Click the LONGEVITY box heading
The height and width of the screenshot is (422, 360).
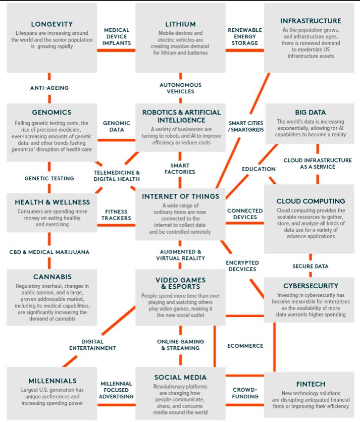coord(52,24)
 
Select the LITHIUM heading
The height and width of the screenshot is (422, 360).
coord(180,24)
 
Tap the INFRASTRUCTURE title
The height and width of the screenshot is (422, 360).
coord(311,21)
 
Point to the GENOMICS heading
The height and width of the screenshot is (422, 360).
coord(52,112)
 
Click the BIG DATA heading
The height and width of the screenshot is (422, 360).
coord(311,112)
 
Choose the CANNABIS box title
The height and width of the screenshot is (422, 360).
coord(52,277)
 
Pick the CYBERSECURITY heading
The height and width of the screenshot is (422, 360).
coord(311,286)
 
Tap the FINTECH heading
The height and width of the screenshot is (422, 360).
coord(311,384)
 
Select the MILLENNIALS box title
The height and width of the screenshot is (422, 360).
coord(53,381)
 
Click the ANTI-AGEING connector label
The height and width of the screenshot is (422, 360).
coord(49,88)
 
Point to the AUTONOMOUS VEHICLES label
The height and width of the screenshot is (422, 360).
coord(180,88)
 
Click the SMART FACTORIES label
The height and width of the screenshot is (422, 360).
coord(180,169)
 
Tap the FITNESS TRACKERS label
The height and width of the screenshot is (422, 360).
coord(116,215)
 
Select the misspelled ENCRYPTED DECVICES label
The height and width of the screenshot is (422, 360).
coord(242,266)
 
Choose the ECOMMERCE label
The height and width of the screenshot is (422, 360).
coord(245,346)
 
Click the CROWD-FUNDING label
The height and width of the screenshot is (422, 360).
coord(245,393)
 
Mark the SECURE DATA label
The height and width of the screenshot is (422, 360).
coord(311,267)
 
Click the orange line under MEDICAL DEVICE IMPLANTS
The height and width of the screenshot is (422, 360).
coord(116,50)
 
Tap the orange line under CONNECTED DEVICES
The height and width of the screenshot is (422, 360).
coord(245,223)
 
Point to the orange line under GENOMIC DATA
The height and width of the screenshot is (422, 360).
coord(116,140)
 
